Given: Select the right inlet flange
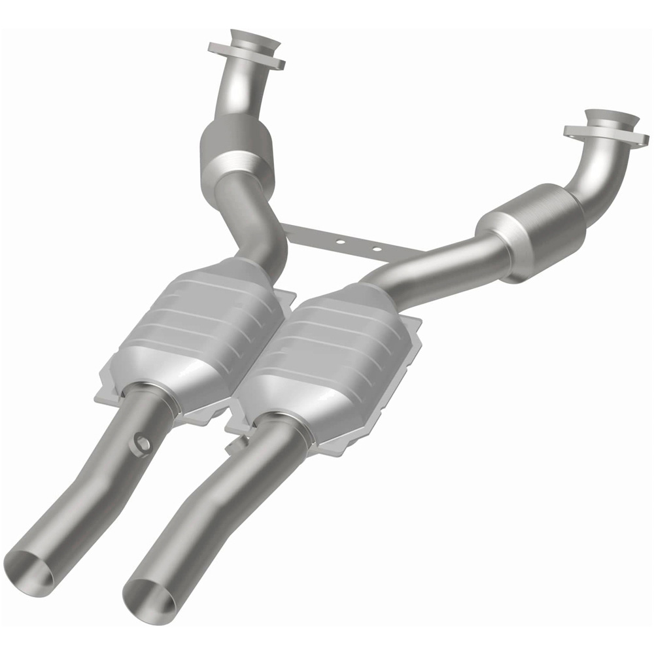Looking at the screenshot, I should tap(606, 128).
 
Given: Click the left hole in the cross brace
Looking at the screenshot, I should tap(340, 241).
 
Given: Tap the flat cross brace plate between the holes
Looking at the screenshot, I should tap(358, 245).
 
